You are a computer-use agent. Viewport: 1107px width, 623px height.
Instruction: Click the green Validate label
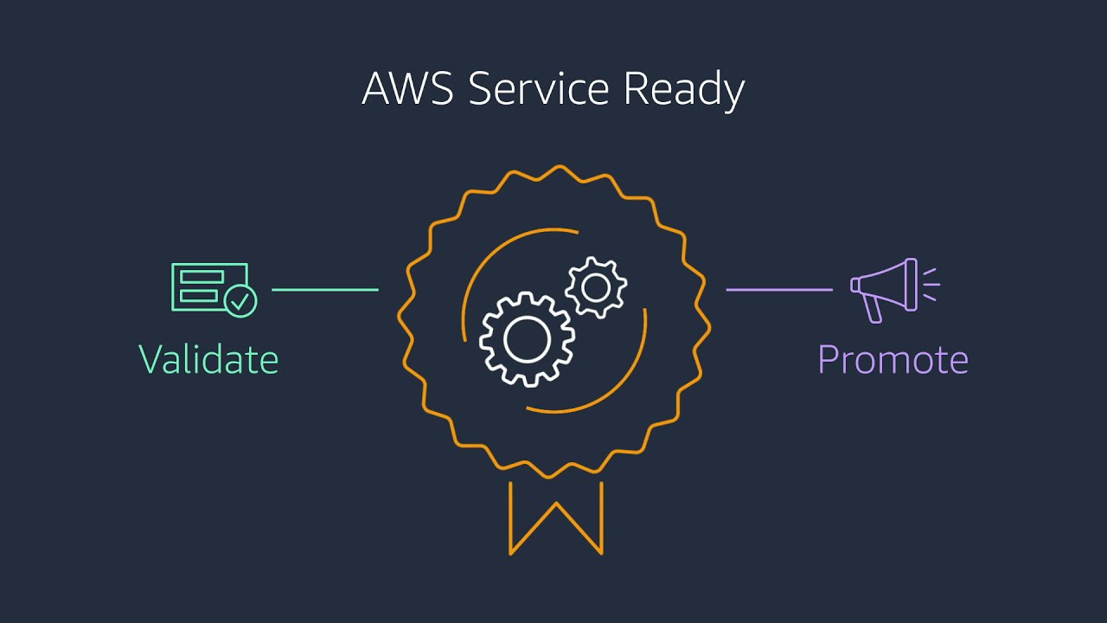[x=208, y=359]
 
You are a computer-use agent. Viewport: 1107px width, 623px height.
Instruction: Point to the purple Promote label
[x=893, y=359]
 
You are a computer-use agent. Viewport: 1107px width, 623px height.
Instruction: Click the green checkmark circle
[x=240, y=300]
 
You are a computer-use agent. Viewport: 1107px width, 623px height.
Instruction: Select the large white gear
[x=527, y=339]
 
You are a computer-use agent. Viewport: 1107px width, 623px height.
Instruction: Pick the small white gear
[x=596, y=287]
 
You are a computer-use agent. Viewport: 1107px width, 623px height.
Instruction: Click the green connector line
[x=325, y=289]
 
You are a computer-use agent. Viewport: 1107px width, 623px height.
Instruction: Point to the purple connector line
[x=778, y=289]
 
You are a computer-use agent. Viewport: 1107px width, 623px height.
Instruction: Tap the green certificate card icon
[x=208, y=286]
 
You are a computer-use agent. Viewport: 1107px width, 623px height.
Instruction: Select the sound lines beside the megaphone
[x=931, y=285]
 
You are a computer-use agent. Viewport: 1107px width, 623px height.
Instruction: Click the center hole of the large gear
[x=527, y=339]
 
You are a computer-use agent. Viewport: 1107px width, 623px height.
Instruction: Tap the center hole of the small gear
[x=596, y=287]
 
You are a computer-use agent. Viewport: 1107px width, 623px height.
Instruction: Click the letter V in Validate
[x=150, y=359]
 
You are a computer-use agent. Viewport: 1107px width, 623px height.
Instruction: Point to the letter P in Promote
[x=828, y=359]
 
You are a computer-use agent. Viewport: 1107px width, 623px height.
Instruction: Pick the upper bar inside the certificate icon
[x=202, y=277]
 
